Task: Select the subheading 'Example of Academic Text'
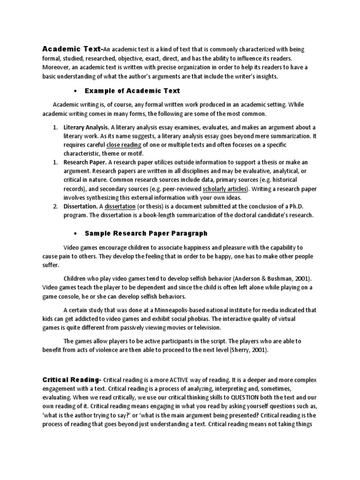coord(133,90)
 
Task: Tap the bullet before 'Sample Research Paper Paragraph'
coord(75,233)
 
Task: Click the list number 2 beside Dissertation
coord(55,206)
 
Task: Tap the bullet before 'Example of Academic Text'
coord(75,90)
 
